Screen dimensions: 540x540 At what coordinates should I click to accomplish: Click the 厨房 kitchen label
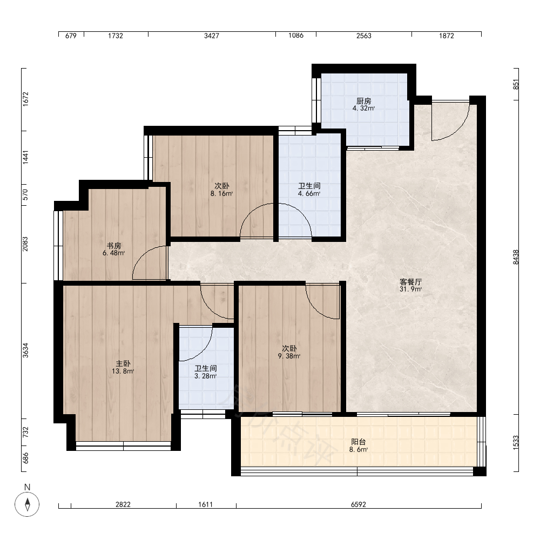tap(363, 101)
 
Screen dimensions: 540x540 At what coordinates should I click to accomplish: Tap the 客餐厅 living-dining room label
tap(410, 282)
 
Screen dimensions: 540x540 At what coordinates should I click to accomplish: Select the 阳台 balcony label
tap(358, 442)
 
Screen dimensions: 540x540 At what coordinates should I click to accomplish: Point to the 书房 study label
tap(113, 246)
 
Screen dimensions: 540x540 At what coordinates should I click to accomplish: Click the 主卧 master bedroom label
tap(123, 363)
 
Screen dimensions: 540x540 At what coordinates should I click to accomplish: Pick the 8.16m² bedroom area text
tap(222, 193)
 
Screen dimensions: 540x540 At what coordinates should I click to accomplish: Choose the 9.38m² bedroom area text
tap(289, 356)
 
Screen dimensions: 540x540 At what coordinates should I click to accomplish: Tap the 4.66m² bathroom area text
tap(309, 193)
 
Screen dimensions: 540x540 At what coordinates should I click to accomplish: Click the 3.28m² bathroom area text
tap(206, 376)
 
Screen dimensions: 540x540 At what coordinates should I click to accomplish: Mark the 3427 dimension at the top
tap(212, 36)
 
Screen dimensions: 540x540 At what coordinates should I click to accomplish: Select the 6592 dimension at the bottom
tap(359, 504)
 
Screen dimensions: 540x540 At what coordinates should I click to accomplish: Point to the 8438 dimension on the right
tap(516, 257)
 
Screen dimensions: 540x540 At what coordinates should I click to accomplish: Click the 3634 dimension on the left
tap(25, 350)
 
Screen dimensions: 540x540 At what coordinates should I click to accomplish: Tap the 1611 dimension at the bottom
tap(206, 504)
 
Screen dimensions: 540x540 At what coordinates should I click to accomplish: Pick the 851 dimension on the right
tap(516, 84)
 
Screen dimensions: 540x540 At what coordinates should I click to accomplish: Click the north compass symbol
tap(27, 504)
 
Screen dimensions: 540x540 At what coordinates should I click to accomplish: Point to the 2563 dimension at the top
tap(363, 36)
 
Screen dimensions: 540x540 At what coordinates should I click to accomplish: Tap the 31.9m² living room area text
tap(410, 289)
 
